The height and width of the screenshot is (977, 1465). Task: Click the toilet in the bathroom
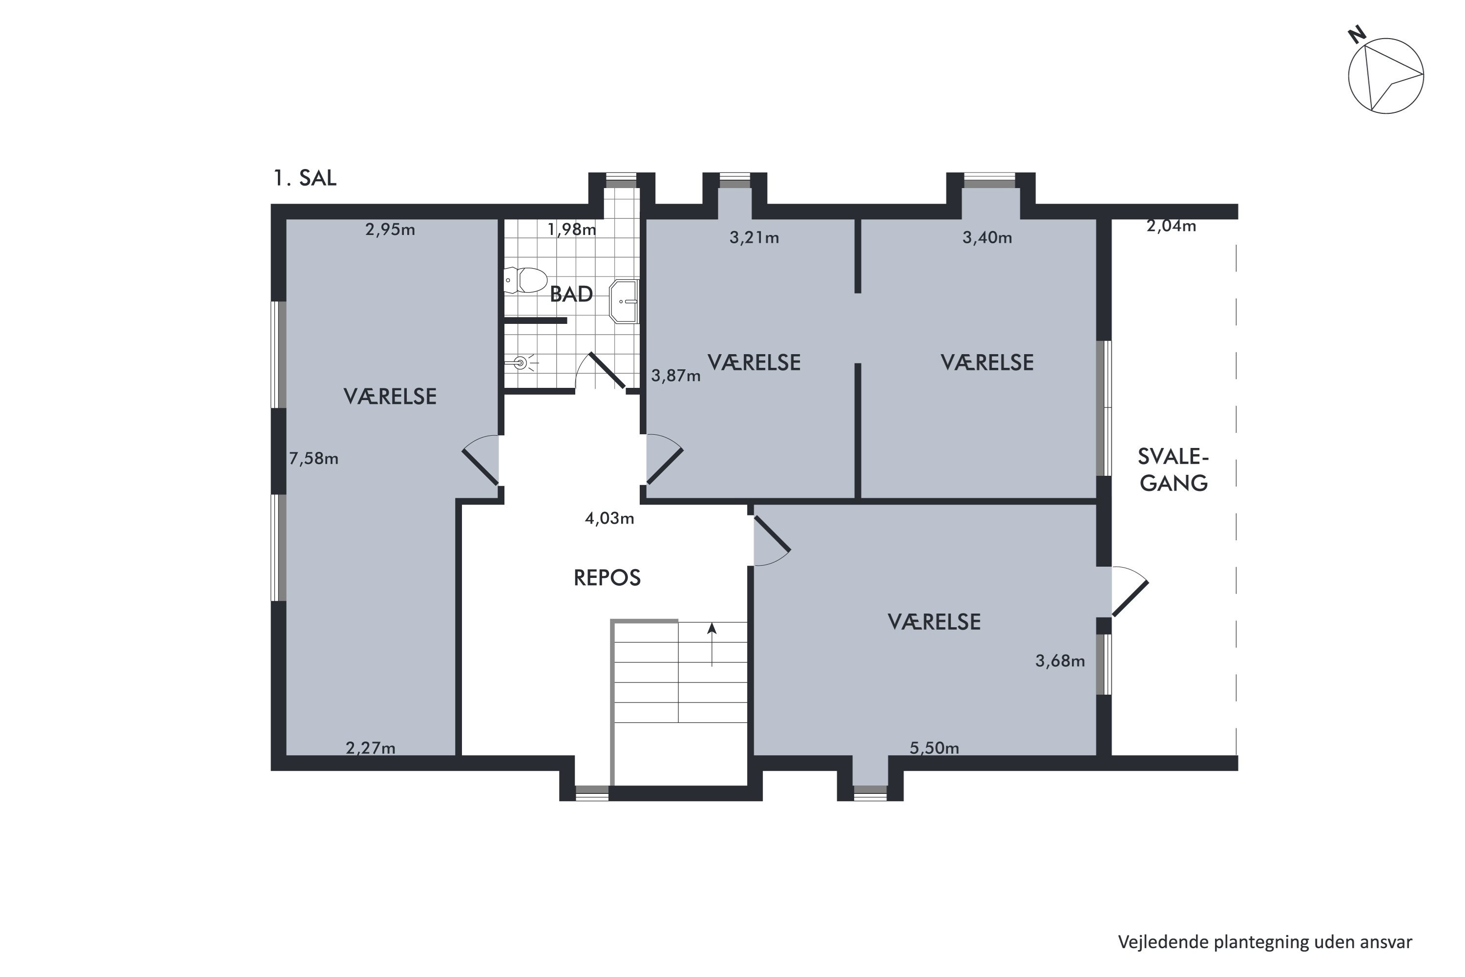tap(525, 280)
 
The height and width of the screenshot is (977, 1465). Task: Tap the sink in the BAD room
tap(624, 301)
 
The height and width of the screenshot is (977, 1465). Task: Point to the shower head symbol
tap(521, 362)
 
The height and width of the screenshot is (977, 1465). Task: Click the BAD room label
tap(571, 294)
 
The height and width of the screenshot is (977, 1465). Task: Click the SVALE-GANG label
tap(1173, 470)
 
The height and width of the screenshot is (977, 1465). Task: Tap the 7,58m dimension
tap(314, 459)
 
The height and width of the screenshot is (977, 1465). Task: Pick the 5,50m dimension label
tap(934, 748)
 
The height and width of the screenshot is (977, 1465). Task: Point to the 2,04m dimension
tap(1171, 226)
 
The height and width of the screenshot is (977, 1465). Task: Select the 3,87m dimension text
tap(676, 376)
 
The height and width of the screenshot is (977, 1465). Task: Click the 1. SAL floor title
tap(305, 178)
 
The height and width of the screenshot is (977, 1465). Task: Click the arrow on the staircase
tap(712, 644)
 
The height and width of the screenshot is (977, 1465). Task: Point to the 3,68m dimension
tap(1060, 661)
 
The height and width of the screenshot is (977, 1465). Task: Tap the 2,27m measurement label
tap(371, 748)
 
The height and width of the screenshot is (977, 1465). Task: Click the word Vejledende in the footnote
tap(1163, 943)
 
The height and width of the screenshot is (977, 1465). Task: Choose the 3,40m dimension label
tap(987, 238)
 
